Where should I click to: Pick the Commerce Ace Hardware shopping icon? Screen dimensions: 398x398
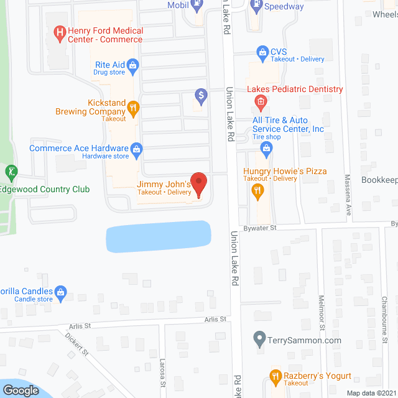point(136,149)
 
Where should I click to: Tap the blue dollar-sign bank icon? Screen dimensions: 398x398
point(201,96)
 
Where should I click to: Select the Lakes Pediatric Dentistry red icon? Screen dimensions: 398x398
point(261,101)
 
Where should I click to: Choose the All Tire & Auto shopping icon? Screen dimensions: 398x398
point(267,147)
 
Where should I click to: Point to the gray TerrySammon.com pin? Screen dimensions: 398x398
point(260,340)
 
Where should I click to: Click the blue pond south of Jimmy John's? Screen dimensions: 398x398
point(159,237)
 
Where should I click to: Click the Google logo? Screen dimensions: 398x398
point(21,390)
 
